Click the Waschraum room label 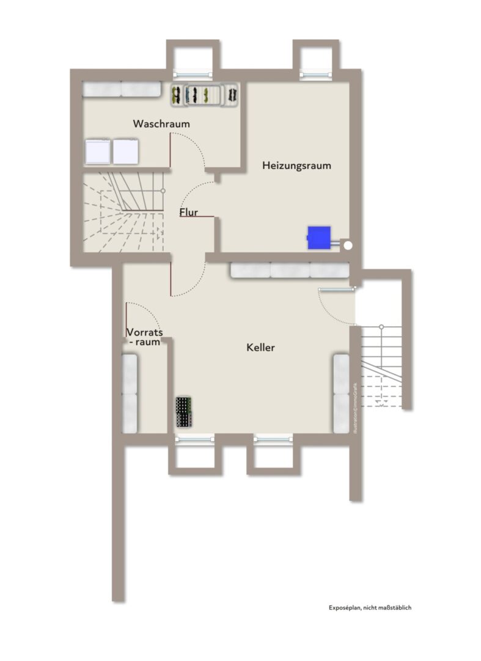[x=161, y=124]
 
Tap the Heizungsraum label [x=296, y=165]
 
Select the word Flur [x=188, y=212]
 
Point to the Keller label [x=260, y=348]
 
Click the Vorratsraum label [x=144, y=337]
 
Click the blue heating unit [x=319, y=237]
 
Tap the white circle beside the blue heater [x=348, y=244]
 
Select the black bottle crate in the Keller [x=185, y=412]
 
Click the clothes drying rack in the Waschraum [x=205, y=94]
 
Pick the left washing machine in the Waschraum [x=98, y=151]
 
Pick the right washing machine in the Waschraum [x=125, y=151]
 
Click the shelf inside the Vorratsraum [x=130, y=394]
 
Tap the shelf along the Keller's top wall [x=290, y=271]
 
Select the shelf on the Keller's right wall [x=341, y=394]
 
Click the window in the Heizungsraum [x=315, y=75]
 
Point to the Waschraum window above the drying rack [x=193, y=75]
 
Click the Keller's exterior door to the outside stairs [x=337, y=289]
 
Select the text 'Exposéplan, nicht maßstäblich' [x=370, y=608]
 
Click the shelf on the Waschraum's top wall [x=122, y=89]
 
